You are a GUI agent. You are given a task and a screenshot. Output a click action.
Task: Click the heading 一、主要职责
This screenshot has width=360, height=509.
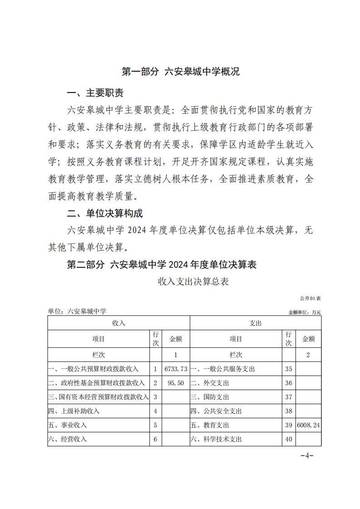(95, 93)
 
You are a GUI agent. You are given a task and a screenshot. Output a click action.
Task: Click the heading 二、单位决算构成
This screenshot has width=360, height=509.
(105, 213)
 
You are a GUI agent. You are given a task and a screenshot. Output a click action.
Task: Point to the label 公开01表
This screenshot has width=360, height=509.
(310, 298)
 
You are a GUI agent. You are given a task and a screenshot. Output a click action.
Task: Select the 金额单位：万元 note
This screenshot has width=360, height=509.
(304, 312)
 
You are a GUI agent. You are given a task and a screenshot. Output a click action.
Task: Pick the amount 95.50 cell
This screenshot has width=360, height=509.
(175, 383)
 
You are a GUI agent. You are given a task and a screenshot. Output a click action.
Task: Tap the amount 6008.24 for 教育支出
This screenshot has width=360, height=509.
(308, 425)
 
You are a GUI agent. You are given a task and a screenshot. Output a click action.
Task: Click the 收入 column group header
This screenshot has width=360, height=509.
(119, 323)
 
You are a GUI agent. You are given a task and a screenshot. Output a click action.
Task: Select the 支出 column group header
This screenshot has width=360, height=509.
(255, 323)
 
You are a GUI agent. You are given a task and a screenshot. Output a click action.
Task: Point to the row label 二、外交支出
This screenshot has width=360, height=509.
(209, 383)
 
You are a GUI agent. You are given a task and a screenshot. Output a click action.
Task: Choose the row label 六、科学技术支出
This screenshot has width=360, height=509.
(216, 439)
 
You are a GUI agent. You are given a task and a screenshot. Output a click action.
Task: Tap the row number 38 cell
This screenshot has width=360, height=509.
(288, 411)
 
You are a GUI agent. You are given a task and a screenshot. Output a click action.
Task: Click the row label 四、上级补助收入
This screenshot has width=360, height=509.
(74, 411)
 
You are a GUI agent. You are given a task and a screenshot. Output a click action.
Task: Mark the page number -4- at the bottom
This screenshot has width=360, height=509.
(307, 456)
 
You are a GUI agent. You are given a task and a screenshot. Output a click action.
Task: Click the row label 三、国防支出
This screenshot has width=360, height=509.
(209, 397)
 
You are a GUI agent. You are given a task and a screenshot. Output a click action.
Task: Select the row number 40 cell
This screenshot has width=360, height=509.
(288, 439)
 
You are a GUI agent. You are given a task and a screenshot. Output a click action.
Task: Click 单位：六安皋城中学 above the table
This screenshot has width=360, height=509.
(77, 311)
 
